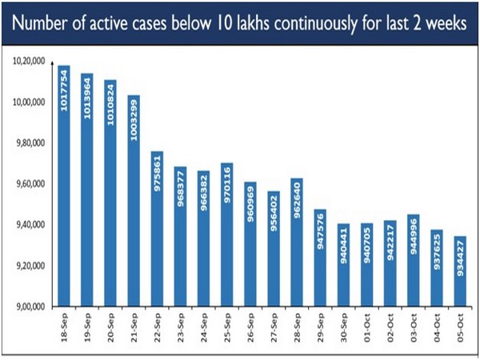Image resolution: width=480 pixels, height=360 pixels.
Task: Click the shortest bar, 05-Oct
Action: (459, 271)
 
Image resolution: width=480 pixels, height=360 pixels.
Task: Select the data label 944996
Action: (413, 234)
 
